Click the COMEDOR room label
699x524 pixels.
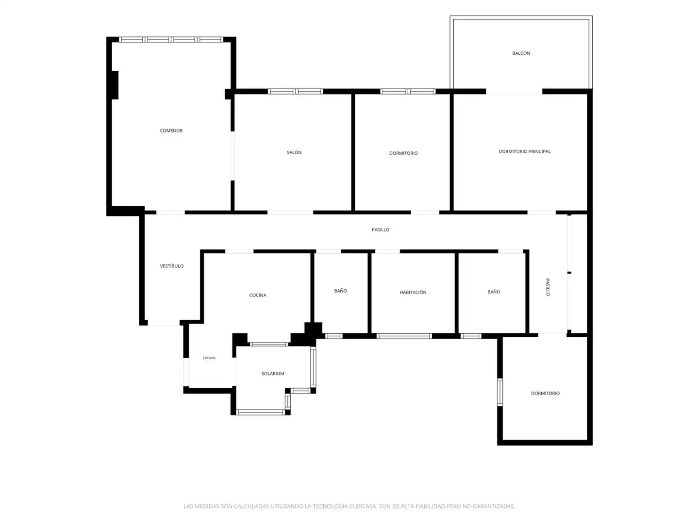coord(171,131)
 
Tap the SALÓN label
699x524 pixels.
coord(294,152)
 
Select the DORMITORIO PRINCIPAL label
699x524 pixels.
coord(524,151)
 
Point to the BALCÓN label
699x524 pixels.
coord(521,53)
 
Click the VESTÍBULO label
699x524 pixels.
coord(172,266)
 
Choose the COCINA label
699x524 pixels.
coord(258,295)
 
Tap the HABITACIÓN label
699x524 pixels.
coord(413,293)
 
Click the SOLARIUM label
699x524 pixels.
coord(273,374)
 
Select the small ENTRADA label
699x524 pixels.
coord(209,358)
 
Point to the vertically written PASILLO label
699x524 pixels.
coord(548,287)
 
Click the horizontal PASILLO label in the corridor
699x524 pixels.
coord(380,229)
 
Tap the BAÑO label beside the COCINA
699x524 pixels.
coord(340,291)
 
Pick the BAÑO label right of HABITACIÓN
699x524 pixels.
coord(494,292)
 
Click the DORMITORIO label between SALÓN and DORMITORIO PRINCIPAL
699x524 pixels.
coord(403,153)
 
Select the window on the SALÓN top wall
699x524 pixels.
coord(295,92)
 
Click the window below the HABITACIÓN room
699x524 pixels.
coord(404,336)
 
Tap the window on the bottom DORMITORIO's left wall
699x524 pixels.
coord(499,392)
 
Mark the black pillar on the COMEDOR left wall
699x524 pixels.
coord(115,85)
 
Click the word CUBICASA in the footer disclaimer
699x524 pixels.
coord(363,506)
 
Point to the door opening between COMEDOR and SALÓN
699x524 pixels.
coord(233,156)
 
